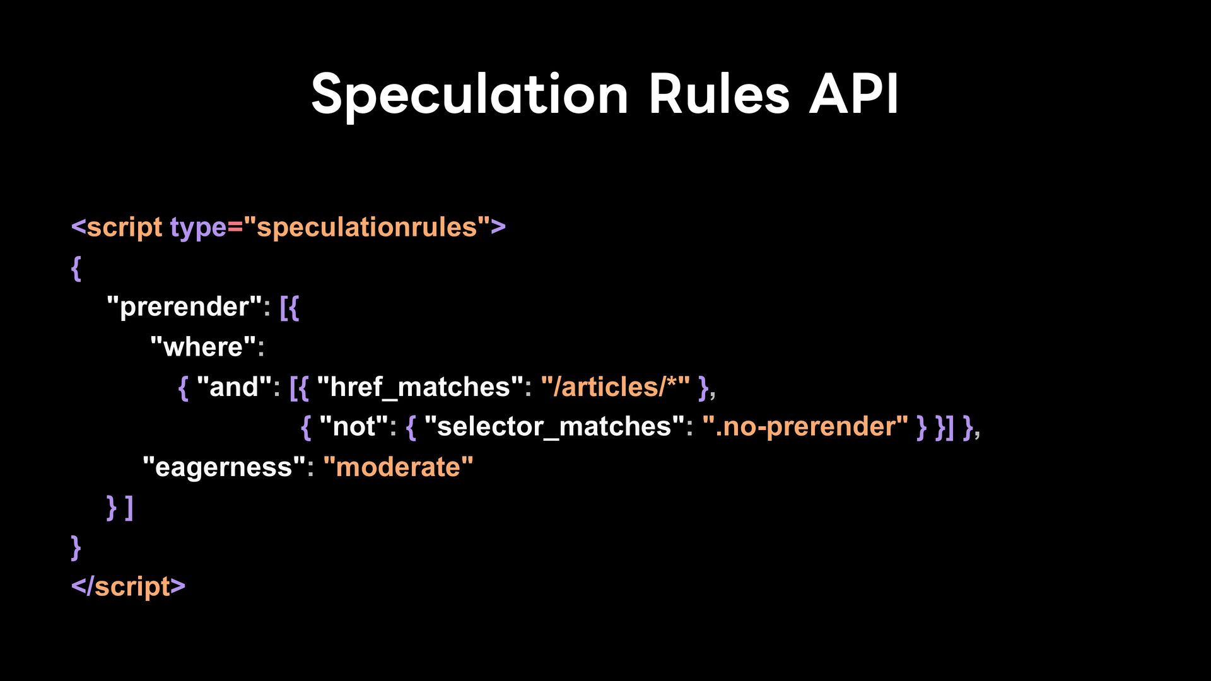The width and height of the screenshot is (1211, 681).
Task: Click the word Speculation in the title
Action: [x=470, y=95]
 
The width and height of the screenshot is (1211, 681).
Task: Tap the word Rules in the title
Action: [x=719, y=94]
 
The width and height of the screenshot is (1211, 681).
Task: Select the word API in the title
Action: [x=854, y=94]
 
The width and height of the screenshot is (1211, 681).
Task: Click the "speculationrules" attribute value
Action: [x=367, y=227]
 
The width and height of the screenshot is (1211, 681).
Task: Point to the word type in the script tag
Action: [x=198, y=228]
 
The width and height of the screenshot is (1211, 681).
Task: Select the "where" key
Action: [x=204, y=347]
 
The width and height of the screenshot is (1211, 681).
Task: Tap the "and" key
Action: [x=234, y=387]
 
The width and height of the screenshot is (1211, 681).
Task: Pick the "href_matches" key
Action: [x=420, y=387]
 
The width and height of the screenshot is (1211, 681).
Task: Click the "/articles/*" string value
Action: [x=616, y=387]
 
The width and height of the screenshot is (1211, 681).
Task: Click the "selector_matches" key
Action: [x=554, y=427]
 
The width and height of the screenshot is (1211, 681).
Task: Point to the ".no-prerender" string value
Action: [x=805, y=427]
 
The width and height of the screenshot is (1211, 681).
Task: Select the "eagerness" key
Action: [x=224, y=467]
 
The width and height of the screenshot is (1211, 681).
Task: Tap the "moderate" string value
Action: [x=398, y=467]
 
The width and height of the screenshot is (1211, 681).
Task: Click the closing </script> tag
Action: [x=128, y=586]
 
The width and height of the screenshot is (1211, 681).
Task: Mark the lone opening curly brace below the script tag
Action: [x=76, y=268]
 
